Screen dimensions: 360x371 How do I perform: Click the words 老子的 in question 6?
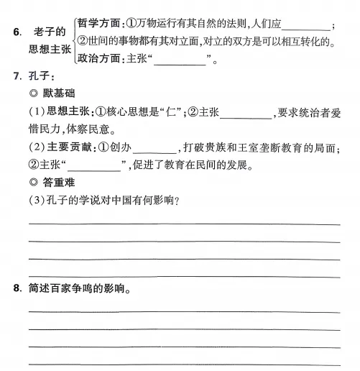(50, 32)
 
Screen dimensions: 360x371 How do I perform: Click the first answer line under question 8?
(184, 311)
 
